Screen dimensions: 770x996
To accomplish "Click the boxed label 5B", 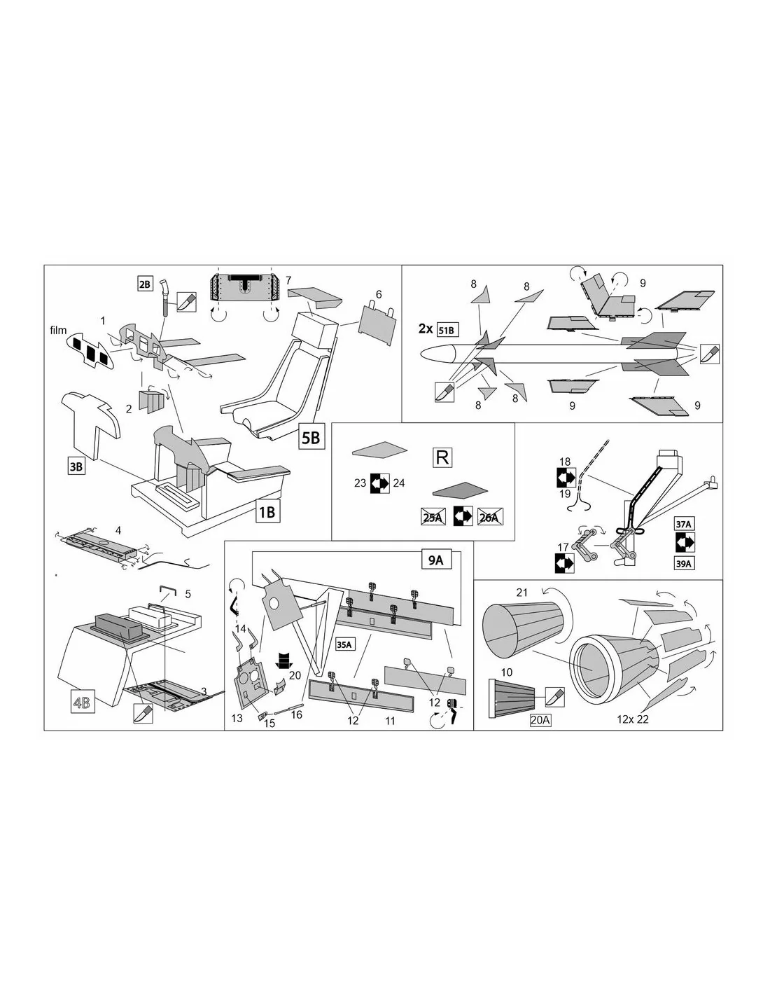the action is point(310,438).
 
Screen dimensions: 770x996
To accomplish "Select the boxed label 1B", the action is point(267,511).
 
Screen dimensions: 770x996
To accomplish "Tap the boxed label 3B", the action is point(76,466).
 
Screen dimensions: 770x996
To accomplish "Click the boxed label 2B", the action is point(145,284).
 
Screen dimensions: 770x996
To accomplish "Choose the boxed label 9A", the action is point(435,560).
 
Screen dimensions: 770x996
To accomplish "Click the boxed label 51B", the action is point(447,330).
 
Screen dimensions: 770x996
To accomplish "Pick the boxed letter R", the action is point(442,457).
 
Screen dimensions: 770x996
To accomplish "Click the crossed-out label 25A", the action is point(433,517).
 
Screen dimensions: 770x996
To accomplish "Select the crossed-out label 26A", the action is point(490,517).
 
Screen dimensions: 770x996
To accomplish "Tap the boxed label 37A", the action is point(683,523).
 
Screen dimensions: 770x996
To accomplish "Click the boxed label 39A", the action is point(683,563).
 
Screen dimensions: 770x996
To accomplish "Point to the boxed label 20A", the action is point(540,720).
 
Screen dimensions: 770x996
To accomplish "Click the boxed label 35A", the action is point(346,644).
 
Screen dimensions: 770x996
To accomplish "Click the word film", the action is point(58,330).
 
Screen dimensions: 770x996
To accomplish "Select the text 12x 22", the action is point(633,719).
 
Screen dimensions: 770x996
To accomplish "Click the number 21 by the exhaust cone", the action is point(522,593).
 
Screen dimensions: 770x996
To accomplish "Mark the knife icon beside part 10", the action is point(554,697).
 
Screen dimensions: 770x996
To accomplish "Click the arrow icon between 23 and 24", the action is point(379,483).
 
